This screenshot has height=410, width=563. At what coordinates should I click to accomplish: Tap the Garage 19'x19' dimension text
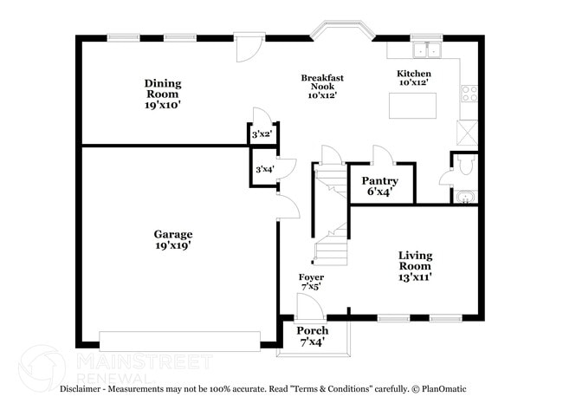173,246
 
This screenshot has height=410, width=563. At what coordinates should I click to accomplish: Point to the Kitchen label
413,74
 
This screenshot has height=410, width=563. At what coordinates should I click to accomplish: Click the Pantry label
380,181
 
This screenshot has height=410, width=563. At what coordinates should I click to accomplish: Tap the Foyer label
312,277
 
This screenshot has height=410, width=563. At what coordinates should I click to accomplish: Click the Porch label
313,331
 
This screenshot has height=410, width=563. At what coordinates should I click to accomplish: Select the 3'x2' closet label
262,134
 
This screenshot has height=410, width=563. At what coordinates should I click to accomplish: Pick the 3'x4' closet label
262,169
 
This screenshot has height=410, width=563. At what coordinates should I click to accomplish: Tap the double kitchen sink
427,49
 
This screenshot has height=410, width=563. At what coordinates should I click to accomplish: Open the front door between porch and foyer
308,306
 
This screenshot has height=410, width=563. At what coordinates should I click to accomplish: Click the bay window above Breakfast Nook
342,35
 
